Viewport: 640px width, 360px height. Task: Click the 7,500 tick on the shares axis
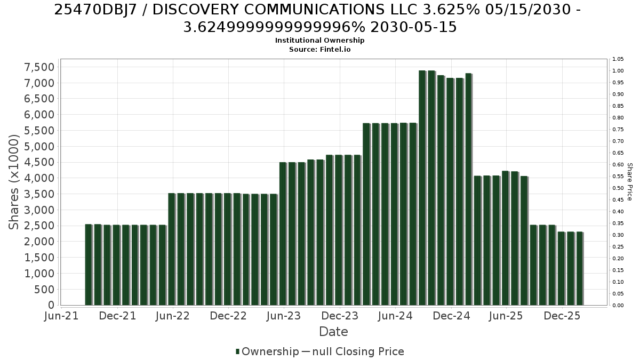pos(39,67)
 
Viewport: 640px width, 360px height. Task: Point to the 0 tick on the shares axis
pos(51,305)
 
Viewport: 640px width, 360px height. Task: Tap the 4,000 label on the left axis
pos(39,178)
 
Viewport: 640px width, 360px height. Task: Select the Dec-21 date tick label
pos(117,316)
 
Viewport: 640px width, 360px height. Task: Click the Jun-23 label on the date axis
pos(284,316)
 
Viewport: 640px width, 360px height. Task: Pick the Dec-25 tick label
pos(562,316)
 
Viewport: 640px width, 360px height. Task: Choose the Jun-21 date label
pos(61,316)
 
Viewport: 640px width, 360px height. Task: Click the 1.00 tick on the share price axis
pos(618,71)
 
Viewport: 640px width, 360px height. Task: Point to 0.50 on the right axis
pos(618,188)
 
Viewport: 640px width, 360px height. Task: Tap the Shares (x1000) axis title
pos(13,182)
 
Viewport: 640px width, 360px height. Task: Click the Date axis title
pos(333,332)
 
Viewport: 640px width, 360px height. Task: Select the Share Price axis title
pos(630,182)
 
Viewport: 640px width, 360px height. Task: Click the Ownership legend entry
pos(267,351)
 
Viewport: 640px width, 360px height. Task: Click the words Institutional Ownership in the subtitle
pos(319,41)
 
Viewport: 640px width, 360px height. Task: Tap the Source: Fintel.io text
pos(319,50)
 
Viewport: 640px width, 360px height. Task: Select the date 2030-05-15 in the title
pos(413,27)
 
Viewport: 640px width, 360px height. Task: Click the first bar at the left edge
pos(89,265)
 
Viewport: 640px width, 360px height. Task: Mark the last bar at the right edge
pos(580,269)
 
